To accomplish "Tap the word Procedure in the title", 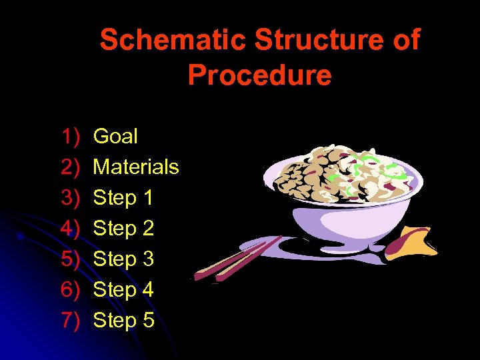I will click(x=259, y=75).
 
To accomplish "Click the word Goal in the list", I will click(x=115, y=137).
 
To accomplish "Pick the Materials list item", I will click(x=136, y=167).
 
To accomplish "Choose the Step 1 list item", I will click(x=123, y=198).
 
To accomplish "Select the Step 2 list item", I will click(x=123, y=229).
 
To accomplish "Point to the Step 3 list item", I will click(x=123, y=259).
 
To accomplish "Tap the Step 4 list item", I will click(x=123, y=290).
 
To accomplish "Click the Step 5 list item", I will click(x=123, y=321).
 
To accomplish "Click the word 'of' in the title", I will click(x=406, y=41).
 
